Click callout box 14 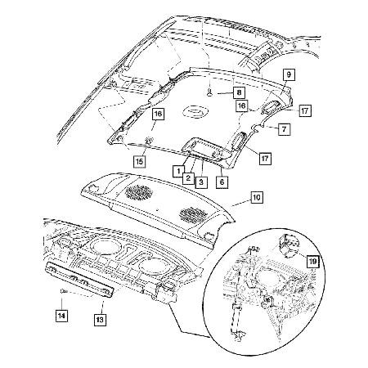[x=61, y=314]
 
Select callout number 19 [x=312, y=261]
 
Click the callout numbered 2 [x=187, y=177]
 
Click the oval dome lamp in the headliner [x=193, y=112]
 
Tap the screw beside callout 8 [x=211, y=93]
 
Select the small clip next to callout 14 [x=62, y=292]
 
